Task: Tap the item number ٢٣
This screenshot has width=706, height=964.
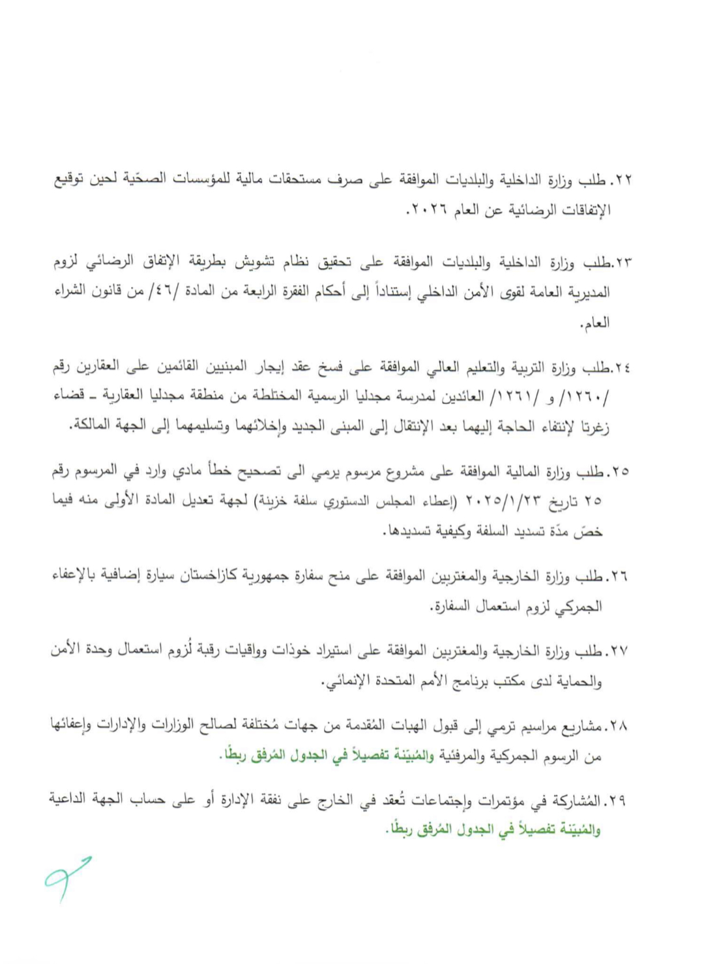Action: (x=622, y=263)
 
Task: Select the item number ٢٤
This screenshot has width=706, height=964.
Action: (x=622, y=369)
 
